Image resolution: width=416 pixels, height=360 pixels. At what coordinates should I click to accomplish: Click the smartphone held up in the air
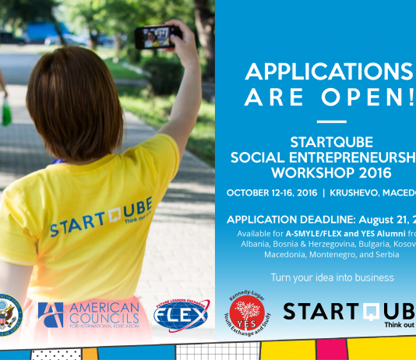tap(158, 35)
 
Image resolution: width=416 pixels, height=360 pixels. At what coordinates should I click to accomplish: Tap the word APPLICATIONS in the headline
tap(329, 72)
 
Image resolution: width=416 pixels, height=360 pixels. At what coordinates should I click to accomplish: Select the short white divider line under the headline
tap(332, 122)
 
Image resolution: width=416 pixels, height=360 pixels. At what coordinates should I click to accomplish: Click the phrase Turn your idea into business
tap(332, 277)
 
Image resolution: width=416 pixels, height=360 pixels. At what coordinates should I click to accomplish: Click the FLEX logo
tap(182, 315)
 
